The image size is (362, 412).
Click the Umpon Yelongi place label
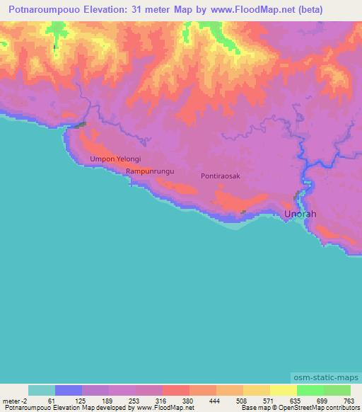116,160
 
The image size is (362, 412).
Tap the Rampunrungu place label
150,172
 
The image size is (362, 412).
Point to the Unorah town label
300,214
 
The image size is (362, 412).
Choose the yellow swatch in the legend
283,390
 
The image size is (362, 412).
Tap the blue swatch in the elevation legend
69,390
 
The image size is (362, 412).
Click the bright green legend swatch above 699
310,390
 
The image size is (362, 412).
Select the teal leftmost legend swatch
42,390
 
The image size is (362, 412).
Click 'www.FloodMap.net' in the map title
222,9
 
